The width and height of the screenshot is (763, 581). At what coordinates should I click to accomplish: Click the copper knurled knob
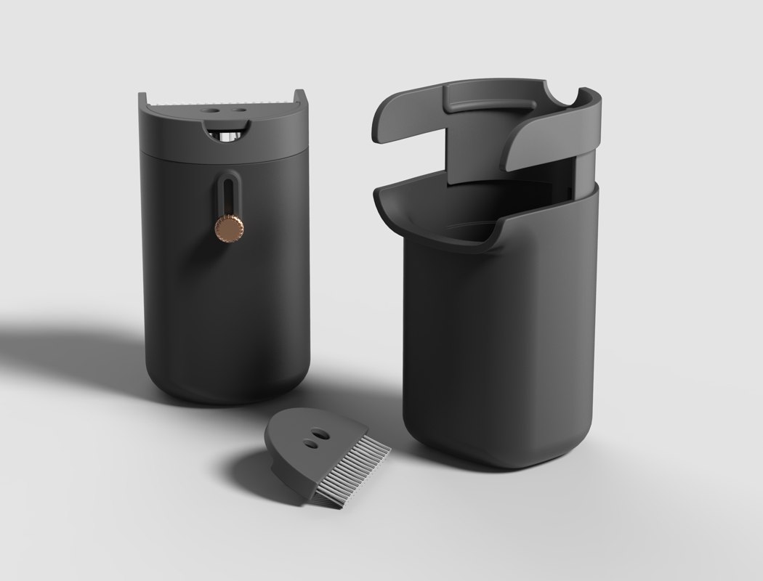point(227,228)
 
